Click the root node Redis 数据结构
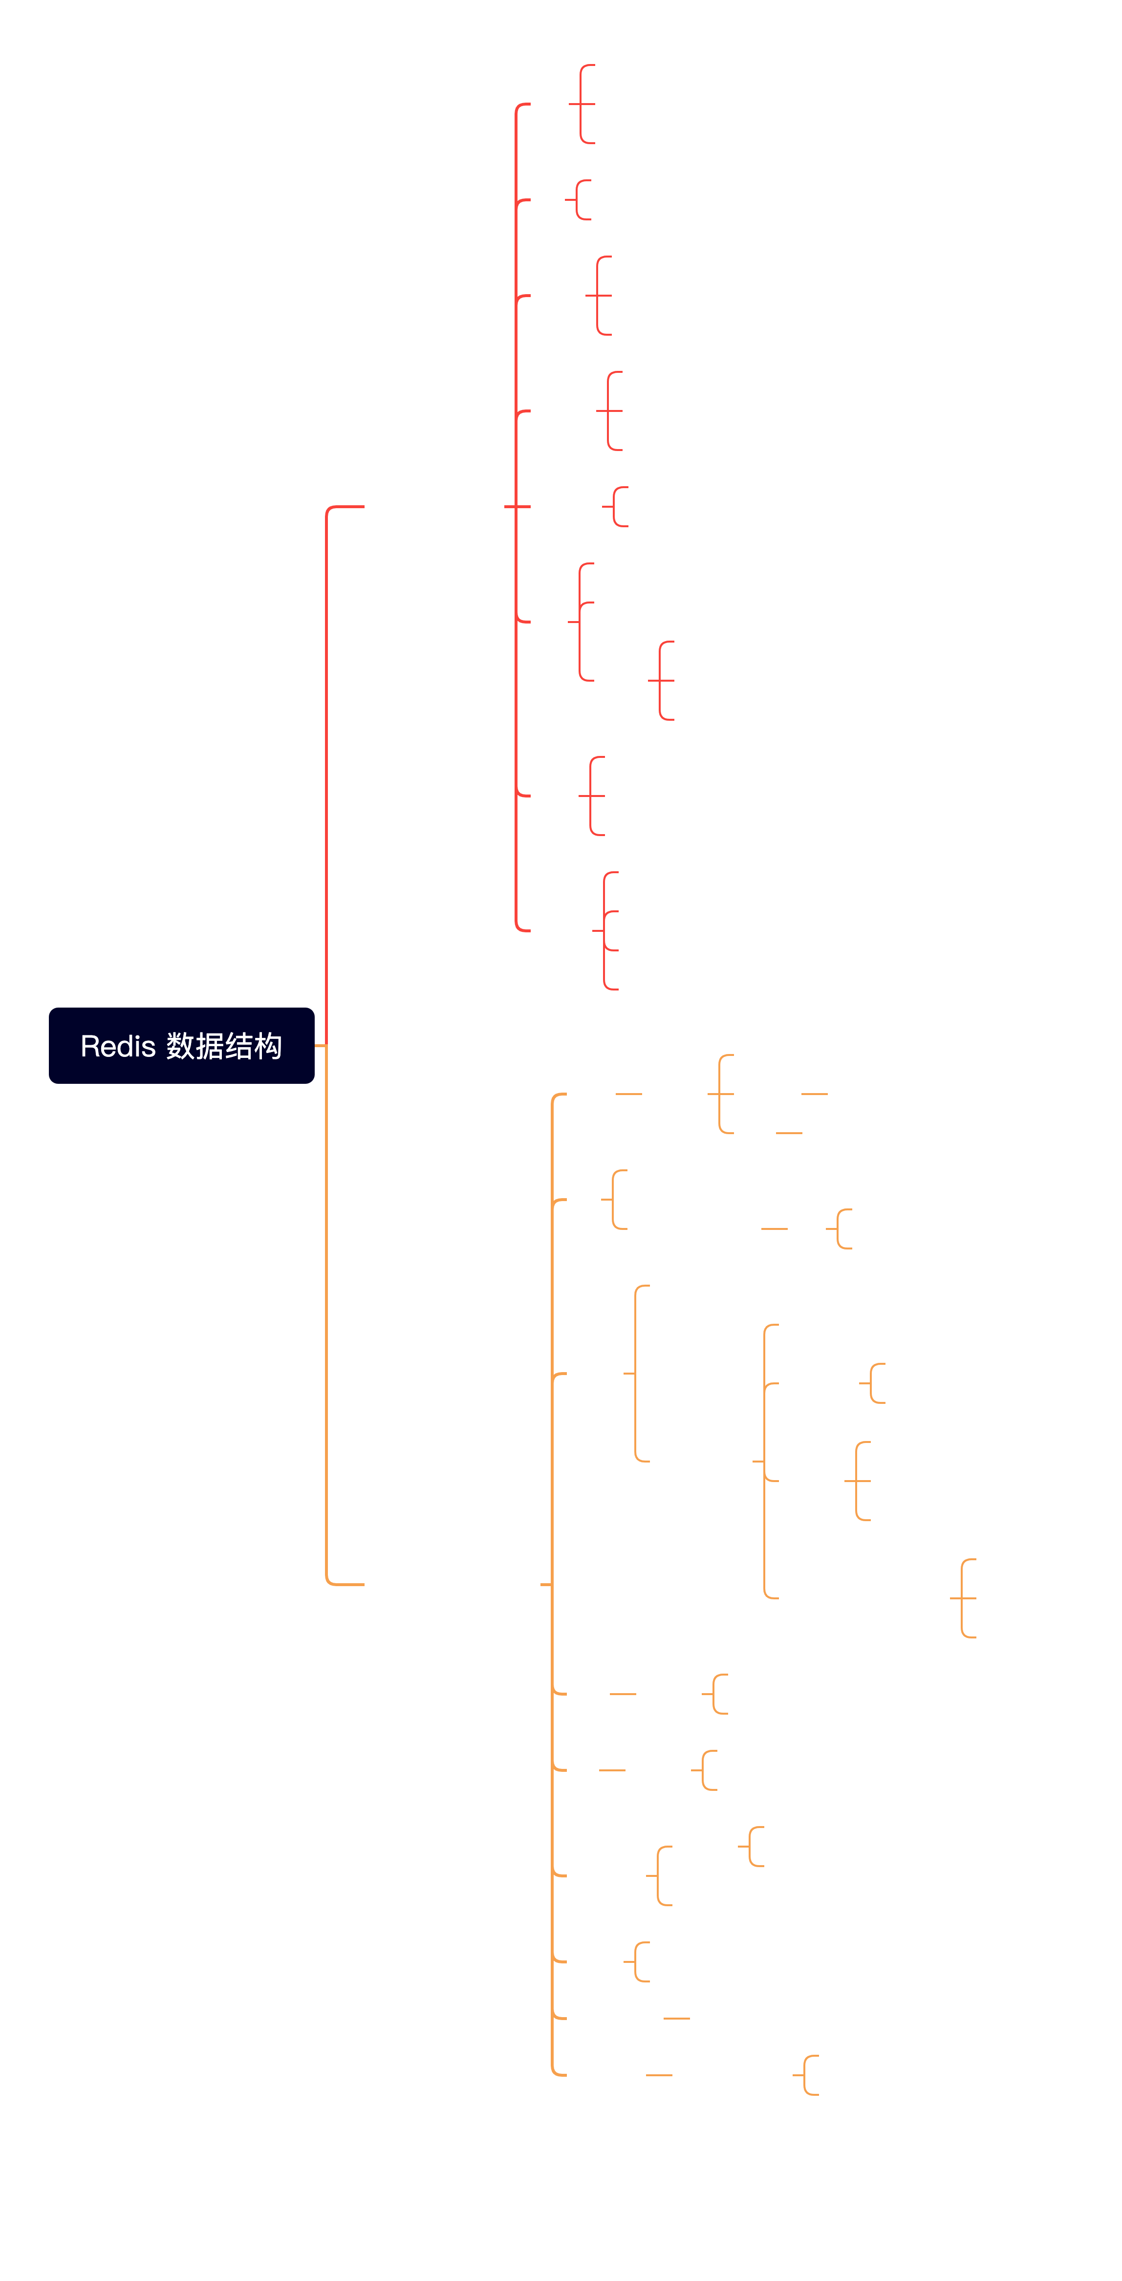(181, 1046)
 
